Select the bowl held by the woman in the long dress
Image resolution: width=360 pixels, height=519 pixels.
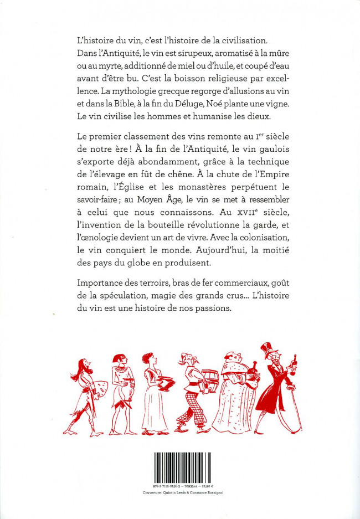point(164,383)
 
